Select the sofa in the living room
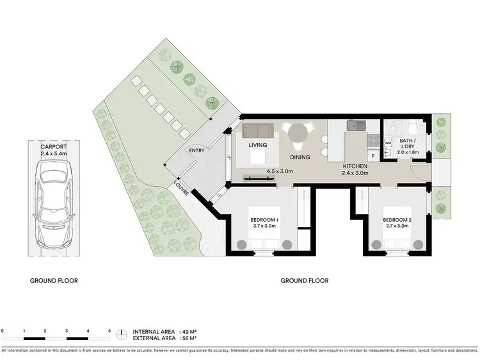point(258,131)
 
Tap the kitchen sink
point(355,126)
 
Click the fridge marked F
point(372,156)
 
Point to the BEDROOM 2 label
point(396,220)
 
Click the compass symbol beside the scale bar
point(122,335)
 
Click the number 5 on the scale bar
point(109,331)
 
